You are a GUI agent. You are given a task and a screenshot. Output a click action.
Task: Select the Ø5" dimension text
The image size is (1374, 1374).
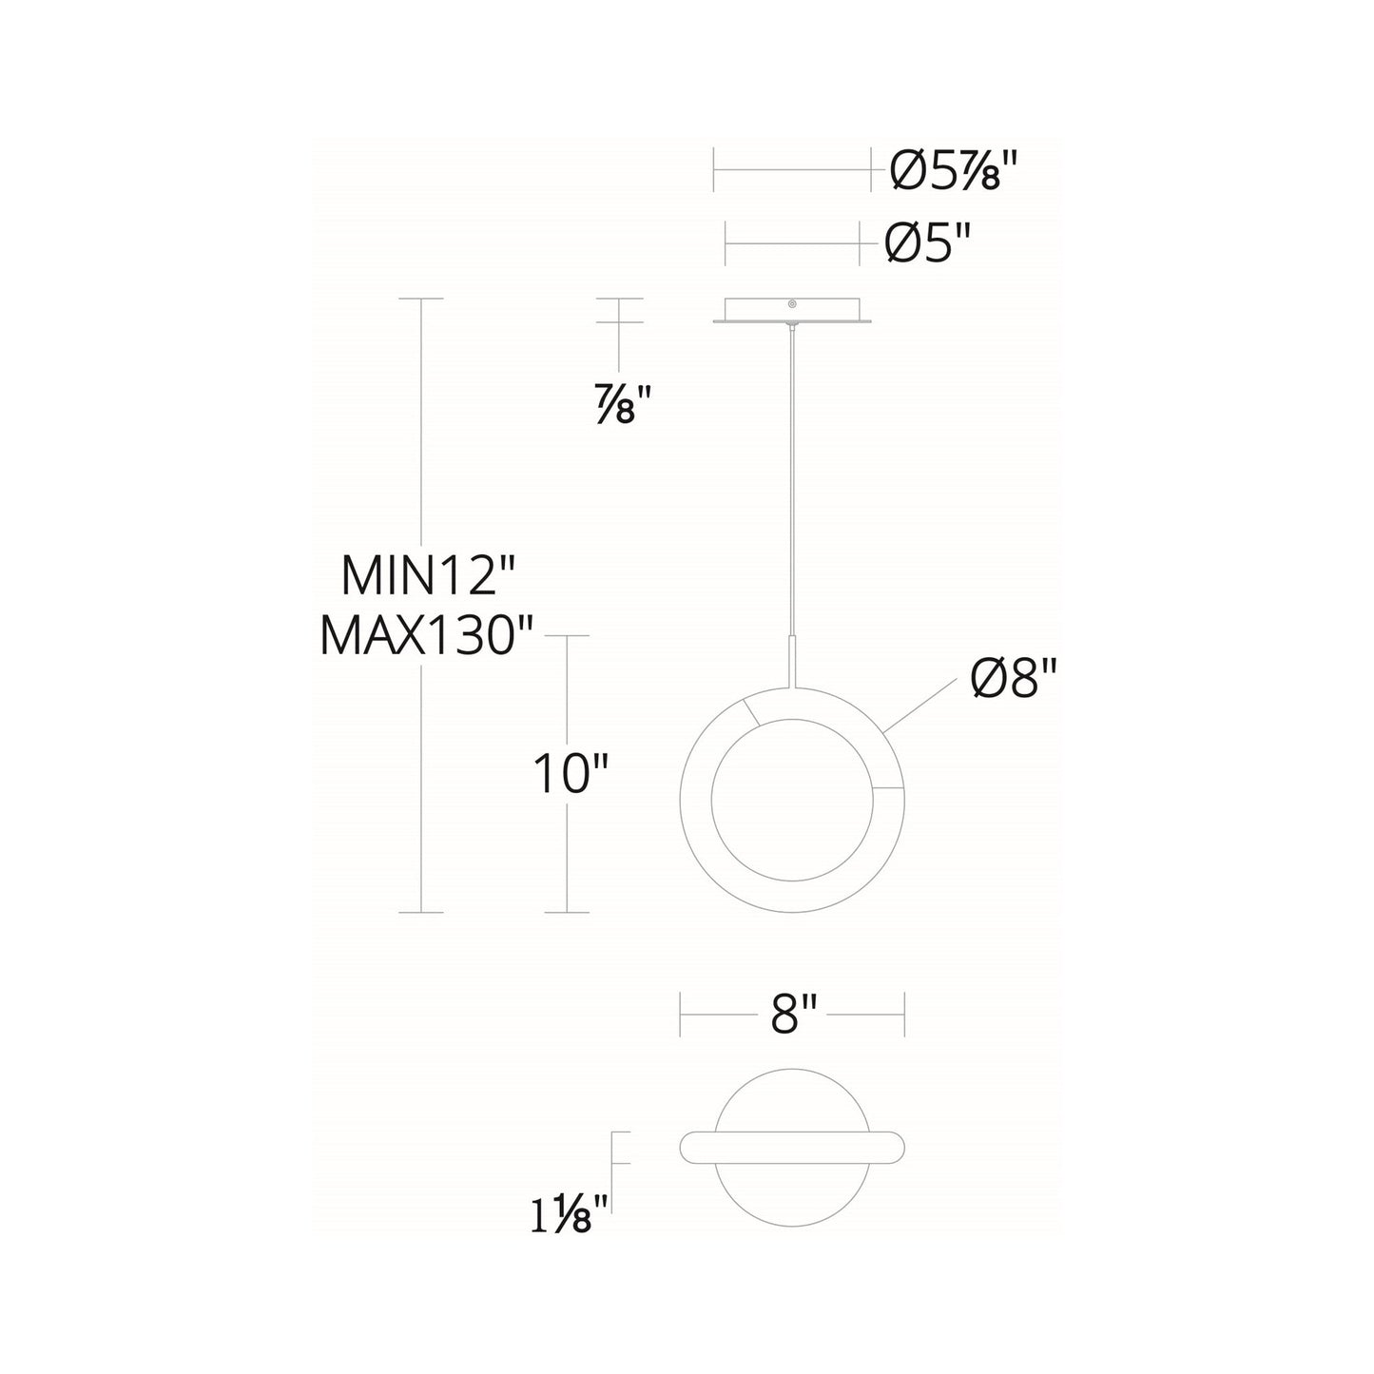tap(929, 244)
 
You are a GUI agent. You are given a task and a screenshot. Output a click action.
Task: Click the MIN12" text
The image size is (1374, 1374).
tap(427, 576)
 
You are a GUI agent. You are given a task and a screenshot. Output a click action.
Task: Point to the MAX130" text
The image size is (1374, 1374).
tap(428, 635)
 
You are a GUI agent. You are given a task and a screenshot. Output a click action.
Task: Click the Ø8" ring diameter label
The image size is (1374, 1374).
tap(1014, 681)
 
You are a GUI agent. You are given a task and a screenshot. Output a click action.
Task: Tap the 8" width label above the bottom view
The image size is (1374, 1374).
tap(792, 1015)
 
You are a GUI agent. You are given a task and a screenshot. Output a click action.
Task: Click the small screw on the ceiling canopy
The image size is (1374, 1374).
tap(791, 305)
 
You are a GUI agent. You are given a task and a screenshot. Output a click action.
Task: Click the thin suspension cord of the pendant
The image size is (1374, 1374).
tap(791, 475)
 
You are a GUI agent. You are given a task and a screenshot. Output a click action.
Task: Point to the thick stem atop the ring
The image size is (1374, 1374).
tap(792, 661)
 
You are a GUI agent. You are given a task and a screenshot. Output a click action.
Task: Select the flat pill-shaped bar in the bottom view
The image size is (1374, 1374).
tap(792, 1147)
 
